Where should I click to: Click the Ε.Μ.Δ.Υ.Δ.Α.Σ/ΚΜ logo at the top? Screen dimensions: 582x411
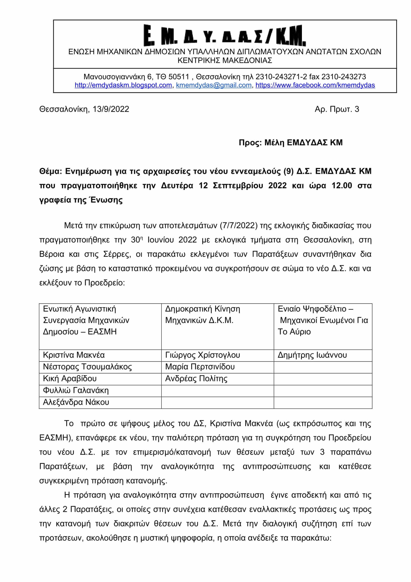click(x=224, y=35)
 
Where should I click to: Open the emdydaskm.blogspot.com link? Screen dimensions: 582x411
click(x=123, y=85)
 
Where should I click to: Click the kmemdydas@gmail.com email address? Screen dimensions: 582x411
click(x=214, y=85)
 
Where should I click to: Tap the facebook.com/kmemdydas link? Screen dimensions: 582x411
click(x=315, y=85)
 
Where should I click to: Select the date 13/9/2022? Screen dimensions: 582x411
click(x=111, y=109)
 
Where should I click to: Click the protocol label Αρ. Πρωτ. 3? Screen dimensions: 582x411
click(x=337, y=109)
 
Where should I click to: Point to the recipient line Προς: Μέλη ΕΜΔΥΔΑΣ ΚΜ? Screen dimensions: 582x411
click(x=290, y=143)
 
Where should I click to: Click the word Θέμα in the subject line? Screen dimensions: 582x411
click(x=50, y=172)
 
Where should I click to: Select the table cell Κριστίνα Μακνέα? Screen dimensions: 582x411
click(x=74, y=355)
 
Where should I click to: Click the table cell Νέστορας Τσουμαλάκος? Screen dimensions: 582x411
click(x=87, y=367)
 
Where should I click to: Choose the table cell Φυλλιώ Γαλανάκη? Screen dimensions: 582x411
click(x=76, y=390)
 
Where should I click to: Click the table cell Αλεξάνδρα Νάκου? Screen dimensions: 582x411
click(x=76, y=402)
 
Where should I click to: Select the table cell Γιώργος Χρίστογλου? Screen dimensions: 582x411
click(x=203, y=355)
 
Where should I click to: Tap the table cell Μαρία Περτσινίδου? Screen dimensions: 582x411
click(x=200, y=367)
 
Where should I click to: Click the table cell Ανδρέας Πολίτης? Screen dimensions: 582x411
click(x=196, y=378)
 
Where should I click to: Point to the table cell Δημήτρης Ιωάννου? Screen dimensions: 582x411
click(x=312, y=355)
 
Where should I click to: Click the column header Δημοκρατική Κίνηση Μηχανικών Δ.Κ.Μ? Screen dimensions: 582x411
click(x=203, y=315)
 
